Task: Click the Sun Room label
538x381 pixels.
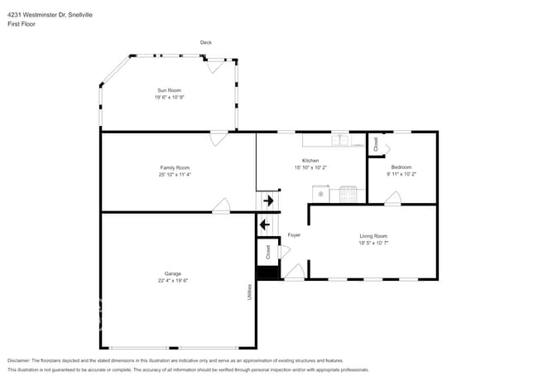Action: click(x=169, y=89)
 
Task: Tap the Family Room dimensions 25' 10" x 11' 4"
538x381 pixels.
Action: click(x=180, y=175)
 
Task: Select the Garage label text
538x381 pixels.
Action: click(x=173, y=273)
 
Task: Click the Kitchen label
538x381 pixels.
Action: click(x=310, y=160)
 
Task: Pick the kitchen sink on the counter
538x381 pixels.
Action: click(x=339, y=140)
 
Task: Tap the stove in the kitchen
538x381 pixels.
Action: click(x=348, y=193)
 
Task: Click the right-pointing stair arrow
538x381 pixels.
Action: click(x=267, y=201)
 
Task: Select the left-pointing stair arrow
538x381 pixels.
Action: click(x=266, y=224)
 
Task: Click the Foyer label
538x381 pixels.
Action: click(x=294, y=235)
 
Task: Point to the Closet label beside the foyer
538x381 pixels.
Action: click(x=268, y=250)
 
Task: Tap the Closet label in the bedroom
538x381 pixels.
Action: click(x=375, y=144)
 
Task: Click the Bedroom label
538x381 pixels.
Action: click(x=401, y=167)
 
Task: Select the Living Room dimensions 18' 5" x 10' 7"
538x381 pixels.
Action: click(x=373, y=243)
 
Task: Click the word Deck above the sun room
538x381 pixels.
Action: click(x=205, y=42)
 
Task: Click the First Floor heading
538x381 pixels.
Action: click(x=22, y=24)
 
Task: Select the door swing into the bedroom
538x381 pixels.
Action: click(x=391, y=198)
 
